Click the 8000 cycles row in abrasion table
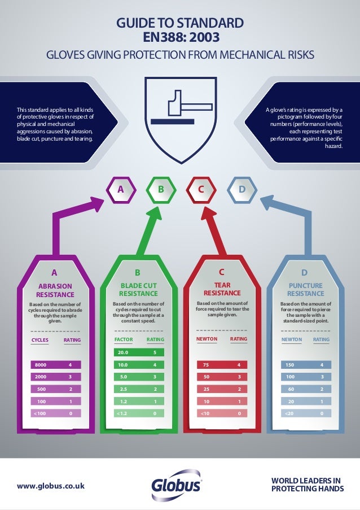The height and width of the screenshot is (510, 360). [56, 365]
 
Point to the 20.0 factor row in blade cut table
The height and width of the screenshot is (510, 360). [139, 352]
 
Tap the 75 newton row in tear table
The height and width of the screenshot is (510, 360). [222, 365]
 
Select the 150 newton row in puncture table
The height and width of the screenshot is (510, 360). [305, 365]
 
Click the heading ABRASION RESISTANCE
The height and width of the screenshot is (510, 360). [55, 290]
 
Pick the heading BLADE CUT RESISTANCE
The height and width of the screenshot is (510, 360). [138, 290]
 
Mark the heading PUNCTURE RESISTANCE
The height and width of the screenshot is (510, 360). [305, 290]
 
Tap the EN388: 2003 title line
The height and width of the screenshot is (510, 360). [179, 38]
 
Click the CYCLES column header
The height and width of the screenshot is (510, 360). [39, 340]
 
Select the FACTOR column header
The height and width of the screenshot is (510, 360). [123, 340]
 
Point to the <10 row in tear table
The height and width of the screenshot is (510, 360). [222, 413]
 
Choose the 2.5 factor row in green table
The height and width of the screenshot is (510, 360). [139, 389]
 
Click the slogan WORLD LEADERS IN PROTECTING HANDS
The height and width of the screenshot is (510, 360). [307, 485]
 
